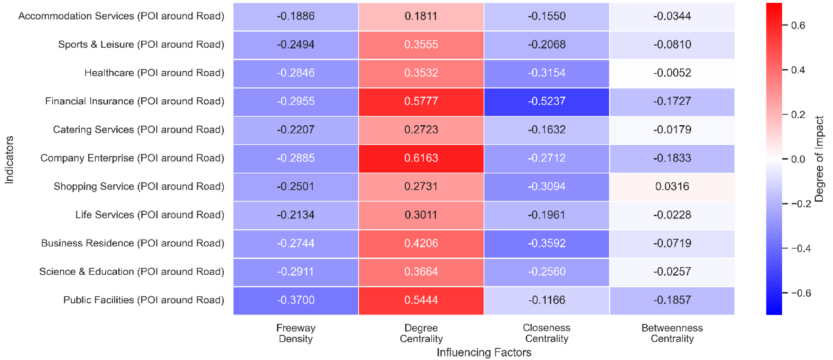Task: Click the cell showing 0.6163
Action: tap(421, 158)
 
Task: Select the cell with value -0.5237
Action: tap(547, 101)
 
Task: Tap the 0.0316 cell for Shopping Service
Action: tap(673, 187)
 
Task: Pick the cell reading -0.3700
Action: tap(296, 300)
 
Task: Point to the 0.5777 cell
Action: tap(421, 101)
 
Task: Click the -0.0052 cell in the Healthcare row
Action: tap(673, 73)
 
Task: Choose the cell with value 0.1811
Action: tap(421, 16)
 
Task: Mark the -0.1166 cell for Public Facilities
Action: tap(547, 300)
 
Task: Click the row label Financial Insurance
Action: tap(135, 101)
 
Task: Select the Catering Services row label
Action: tap(139, 129)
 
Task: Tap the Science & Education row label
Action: tap(131, 272)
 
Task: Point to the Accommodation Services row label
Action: tap(122, 16)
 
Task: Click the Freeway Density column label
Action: tap(296, 333)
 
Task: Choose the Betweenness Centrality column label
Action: tap(673, 333)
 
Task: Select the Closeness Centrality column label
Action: tap(547, 333)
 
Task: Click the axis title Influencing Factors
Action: tap(484, 353)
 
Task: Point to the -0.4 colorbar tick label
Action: tap(802, 248)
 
